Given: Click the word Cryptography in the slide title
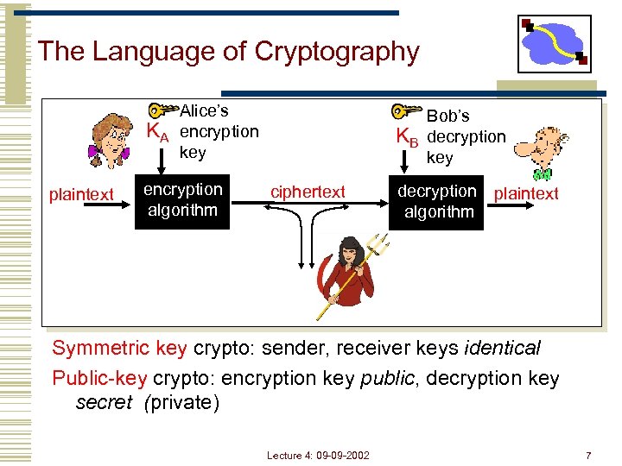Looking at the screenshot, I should [336, 51].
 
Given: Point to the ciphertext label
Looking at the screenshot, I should [308, 192].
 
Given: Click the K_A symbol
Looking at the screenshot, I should [158, 133].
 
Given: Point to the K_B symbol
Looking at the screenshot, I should [407, 137].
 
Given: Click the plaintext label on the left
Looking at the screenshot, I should [81, 195].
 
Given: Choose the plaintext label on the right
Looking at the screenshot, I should [526, 194].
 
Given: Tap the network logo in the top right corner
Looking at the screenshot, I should [554, 43].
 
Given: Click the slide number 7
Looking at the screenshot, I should [588, 455].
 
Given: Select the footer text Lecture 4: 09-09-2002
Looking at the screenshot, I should [317, 455].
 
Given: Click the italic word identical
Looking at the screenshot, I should [503, 349].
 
